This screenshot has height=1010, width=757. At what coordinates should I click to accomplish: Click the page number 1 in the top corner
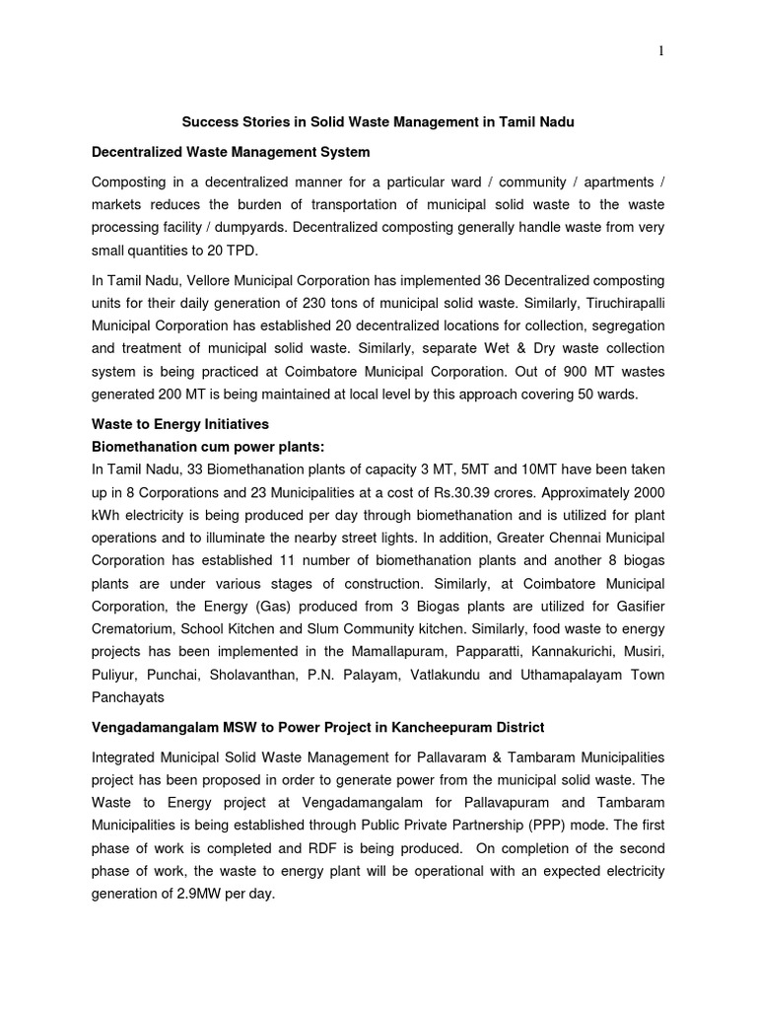[660, 52]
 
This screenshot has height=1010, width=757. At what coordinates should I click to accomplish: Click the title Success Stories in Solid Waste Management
[378, 121]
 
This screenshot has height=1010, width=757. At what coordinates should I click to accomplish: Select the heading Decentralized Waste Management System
[231, 152]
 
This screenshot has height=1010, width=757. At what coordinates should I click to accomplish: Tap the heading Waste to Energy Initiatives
[179, 424]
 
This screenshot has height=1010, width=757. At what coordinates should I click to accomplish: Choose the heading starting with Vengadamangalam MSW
[317, 728]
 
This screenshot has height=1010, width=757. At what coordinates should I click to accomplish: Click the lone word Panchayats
[129, 696]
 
